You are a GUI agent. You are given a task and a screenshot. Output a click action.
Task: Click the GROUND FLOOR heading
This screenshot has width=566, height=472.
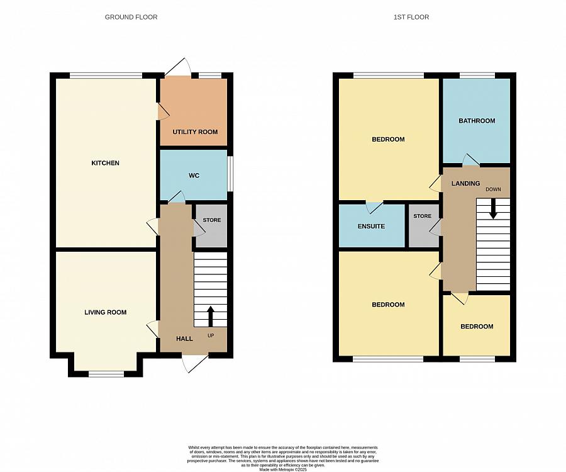click(131, 17)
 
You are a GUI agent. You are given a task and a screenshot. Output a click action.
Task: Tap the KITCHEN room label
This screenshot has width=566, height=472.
click(105, 163)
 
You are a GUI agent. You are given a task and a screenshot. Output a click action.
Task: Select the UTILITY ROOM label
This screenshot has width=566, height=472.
click(195, 132)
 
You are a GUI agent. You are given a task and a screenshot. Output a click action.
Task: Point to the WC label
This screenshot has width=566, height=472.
click(194, 175)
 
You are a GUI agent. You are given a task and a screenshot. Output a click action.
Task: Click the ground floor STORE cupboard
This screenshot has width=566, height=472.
click(212, 225)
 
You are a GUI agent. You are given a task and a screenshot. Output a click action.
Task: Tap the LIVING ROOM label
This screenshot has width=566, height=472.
click(106, 312)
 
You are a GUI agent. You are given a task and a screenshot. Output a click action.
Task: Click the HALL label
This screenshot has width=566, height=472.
click(184, 339)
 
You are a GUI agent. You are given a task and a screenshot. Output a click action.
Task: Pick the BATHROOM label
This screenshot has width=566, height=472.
click(476, 120)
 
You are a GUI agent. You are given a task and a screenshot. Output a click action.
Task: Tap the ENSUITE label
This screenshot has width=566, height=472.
click(371, 226)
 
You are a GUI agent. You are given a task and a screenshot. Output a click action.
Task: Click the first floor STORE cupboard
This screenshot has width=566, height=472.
click(422, 225)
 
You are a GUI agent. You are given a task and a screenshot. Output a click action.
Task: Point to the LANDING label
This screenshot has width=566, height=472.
click(465, 183)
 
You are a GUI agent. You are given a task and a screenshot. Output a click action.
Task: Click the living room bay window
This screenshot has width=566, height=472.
click(106, 373)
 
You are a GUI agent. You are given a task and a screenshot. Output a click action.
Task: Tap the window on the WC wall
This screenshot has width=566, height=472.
click(229, 172)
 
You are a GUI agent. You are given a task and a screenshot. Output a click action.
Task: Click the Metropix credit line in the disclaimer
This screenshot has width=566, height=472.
click(283, 469)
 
